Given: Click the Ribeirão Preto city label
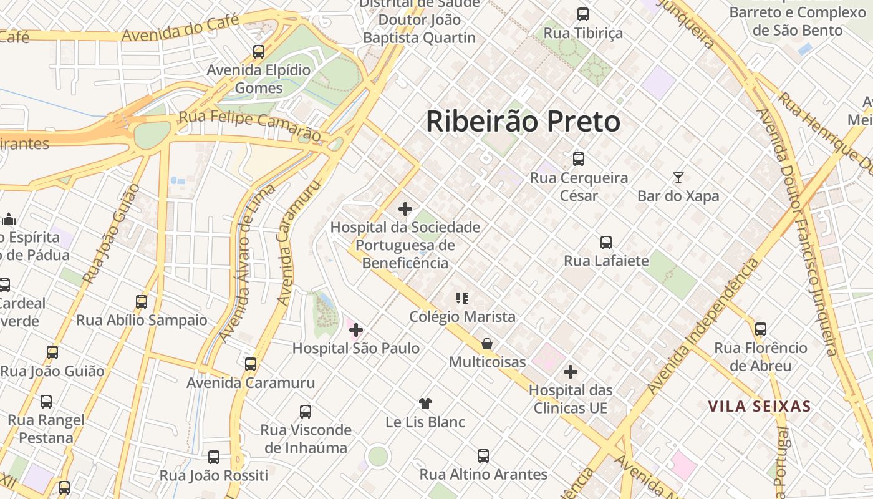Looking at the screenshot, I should click(x=523, y=121).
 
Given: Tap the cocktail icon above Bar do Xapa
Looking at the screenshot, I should click(x=678, y=178).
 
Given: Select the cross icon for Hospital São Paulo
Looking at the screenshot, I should click(x=356, y=329).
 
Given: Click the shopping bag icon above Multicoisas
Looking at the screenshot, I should click(x=487, y=344).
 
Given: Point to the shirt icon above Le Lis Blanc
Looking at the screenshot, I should click(x=425, y=404).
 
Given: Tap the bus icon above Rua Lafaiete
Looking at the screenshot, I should click(x=605, y=243).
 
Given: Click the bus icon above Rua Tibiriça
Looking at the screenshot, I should click(x=582, y=14).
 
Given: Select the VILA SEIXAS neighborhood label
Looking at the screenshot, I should click(x=759, y=407).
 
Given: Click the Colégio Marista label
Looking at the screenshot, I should click(x=462, y=317).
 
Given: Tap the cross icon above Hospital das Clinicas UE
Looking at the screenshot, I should click(x=570, y=372).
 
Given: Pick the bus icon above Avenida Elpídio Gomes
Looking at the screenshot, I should click(x=258, y=52).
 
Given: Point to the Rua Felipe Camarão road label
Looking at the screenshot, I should click(x=249, y=125).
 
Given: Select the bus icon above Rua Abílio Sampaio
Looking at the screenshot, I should click(x=142, y=302).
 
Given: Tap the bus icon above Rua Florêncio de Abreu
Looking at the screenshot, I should click(x=760, y=329).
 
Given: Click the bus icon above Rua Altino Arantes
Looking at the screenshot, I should click(x=483, y=456).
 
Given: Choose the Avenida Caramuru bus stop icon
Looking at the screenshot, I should click(x=251, y=364).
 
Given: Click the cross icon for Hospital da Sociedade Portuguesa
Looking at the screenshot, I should click(x=405, y=209).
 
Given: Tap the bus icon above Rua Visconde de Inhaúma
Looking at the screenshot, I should click(x=305, y=412).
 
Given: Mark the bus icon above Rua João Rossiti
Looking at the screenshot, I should click(x=213, y=457).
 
